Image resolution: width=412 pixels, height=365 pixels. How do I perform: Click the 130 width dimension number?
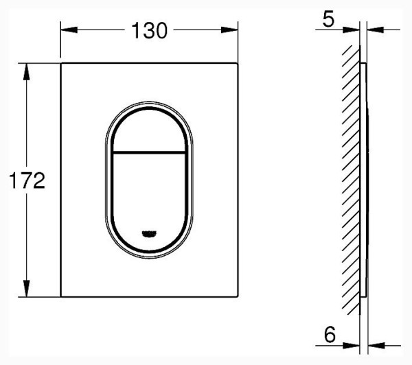149,30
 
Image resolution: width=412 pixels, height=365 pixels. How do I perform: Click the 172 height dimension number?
27,180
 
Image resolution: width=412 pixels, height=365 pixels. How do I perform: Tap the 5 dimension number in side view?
328,19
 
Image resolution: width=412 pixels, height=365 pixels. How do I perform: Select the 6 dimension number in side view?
330,334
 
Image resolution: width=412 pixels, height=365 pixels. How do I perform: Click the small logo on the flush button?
149,233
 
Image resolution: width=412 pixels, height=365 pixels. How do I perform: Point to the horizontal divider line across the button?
149,152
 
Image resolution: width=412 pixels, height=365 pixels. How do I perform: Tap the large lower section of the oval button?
149,200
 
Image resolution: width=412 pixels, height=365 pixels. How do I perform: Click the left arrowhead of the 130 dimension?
69,30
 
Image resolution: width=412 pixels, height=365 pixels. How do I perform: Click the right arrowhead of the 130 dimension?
229,30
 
